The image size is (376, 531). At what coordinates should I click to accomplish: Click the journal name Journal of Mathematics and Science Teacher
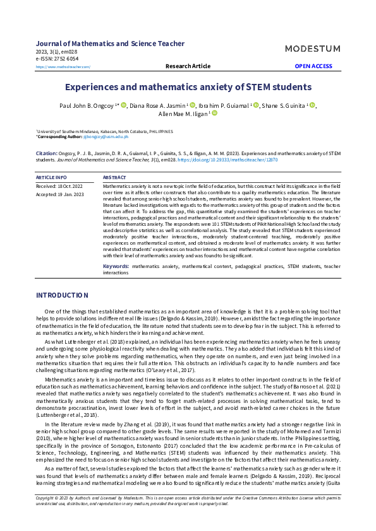click(110, 44)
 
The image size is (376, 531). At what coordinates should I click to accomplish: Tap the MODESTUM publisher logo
click(312, 49)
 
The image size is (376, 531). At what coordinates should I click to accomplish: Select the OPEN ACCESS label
click(313, 66)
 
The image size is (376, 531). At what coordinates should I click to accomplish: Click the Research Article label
click(188, 66)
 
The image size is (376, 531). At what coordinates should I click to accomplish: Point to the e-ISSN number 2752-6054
click(57, 59)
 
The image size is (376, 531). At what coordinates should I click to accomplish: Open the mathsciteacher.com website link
click(63, 66)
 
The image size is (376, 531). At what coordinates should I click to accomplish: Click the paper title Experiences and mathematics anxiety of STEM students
click(188, 86)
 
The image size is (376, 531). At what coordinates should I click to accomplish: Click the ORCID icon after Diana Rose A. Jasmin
click(192, 105)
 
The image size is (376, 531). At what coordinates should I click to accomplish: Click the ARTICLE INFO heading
click(51, 178)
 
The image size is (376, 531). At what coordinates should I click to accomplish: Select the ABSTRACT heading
click(114, 178)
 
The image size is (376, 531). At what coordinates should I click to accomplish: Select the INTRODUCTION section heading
click(62, 295)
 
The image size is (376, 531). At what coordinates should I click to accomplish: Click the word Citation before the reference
click(47, 153)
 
